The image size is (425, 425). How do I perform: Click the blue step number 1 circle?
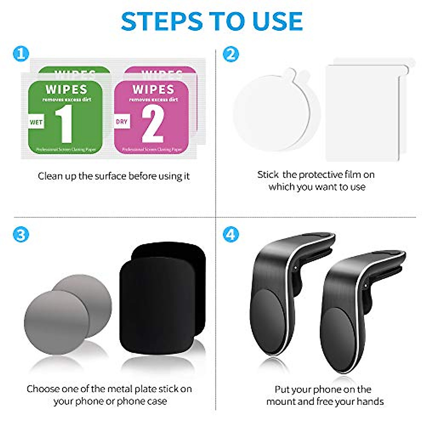point(21,54)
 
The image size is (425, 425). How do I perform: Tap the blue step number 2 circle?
point(231,54)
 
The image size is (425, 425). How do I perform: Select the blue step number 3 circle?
point(21,234)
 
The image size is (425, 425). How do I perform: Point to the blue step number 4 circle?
point(231,234)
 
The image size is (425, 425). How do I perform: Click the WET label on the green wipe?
point(36,122)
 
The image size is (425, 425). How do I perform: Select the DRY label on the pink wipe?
point(121,121)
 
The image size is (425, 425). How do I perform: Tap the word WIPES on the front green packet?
point(66,90)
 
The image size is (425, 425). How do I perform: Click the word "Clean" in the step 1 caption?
point(50,176)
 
